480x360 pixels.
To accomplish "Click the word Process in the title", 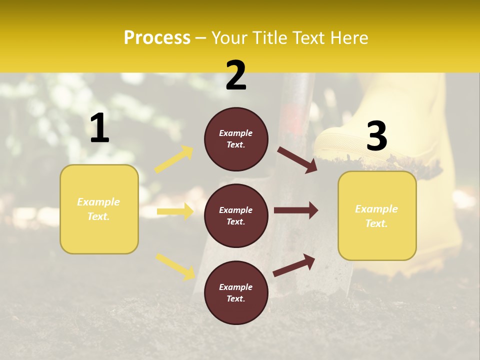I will (x=157, y=38).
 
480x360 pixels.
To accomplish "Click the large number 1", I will (x=99, y=128).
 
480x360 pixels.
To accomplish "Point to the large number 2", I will (x=236, y=75).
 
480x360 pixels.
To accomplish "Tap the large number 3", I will (x=376, y=136).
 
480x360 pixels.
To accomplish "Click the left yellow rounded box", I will (x=99, y=209).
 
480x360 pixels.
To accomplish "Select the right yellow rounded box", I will (x=377, y=215).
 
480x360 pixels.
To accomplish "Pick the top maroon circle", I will (x=236, y=139).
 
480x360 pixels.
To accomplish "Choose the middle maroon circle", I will (x=236, y=215).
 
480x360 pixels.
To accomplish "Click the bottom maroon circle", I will (x=236, y=292).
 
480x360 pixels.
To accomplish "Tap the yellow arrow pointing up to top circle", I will (x=174, y=159).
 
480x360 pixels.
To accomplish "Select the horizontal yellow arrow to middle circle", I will (x=175, y=211).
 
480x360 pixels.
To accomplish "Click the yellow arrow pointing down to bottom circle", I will (x=175, y=266).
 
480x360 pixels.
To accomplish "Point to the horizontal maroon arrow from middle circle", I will (x=296, y=210).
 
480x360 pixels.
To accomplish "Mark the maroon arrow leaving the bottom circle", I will (x=294, y=265).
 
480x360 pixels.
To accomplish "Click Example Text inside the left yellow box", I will (x=98, y=209).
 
